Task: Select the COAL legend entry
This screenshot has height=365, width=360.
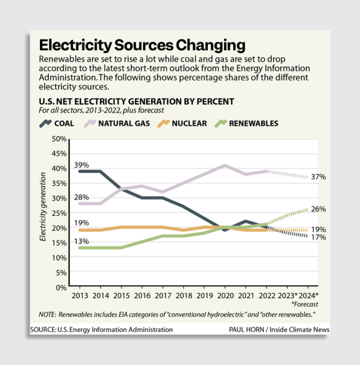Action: pyautogui.click(x=57, y=123)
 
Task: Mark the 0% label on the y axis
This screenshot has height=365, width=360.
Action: pyautogui.click(x=60, y=288)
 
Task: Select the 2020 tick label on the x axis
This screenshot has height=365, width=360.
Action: pyautogui.click(x=225, y=297)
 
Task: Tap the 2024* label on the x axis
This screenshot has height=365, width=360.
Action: pyautogui.click(x=308, y=297)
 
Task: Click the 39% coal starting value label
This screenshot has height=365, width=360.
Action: pyautogui.click(x=82, y=164)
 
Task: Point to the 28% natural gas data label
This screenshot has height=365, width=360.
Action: pyautogui.click(x=82, y=197)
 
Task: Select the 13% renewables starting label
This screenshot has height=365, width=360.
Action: pyautogui.click(x=82, y=242)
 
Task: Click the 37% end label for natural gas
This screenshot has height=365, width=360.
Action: pyautogui.click(x=318, y=177)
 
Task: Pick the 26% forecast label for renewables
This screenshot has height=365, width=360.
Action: pyautogui.click(x=318, y=209)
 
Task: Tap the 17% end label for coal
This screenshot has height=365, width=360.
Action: pyautogui.click(x=318, y=238)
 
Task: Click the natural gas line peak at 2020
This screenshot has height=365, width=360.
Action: pyautogui.click(x=225, y=165)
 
